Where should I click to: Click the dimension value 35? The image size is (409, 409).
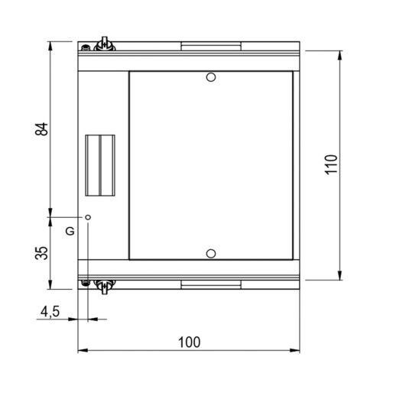[x=43, y=252]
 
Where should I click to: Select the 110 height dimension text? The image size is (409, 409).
[x=330, y=164]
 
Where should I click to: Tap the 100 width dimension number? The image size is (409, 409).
[x=189, y=342]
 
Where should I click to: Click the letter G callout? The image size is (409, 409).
[x=70, y=230]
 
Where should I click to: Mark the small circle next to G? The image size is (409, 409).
[x=89, y=218]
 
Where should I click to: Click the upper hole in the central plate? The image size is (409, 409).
[x=212, y=77]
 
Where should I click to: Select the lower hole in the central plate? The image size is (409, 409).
[x=212, y=252]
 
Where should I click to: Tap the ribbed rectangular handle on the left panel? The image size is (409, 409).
[x=99, y=164]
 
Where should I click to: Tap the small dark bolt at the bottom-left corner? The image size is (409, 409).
[x=86, y=284]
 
